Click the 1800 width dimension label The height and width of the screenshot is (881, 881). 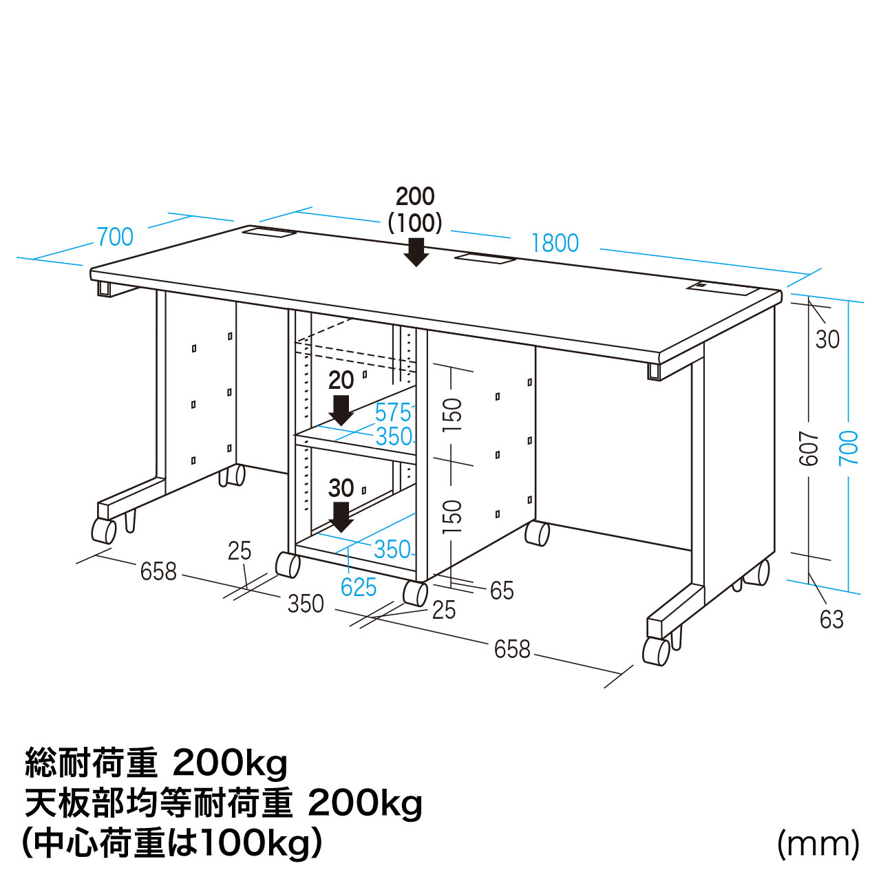555,243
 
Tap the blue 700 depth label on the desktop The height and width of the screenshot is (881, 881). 115,237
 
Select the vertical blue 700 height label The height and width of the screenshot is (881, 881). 849,448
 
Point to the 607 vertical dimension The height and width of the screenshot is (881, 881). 809,448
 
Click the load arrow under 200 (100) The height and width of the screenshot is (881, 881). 416,252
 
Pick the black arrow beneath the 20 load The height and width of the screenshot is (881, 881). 341,410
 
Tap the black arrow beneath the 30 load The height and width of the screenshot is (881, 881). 341,516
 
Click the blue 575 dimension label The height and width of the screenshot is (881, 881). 393,413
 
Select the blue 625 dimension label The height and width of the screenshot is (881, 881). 359,587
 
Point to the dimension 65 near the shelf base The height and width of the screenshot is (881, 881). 502,591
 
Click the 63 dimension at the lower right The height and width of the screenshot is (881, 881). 831,619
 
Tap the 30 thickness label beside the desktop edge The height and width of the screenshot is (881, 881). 827,339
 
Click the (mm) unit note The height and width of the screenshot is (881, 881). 818,844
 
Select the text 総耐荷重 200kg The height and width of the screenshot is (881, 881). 156,763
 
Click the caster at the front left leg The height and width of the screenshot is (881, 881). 104,531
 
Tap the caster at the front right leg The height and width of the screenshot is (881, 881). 655,651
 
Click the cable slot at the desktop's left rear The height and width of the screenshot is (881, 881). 269,233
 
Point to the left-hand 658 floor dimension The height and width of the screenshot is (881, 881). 158,571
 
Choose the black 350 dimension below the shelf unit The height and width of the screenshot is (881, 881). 305,604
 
